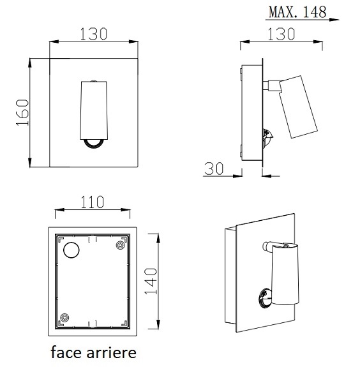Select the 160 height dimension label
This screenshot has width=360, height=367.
pos(21,112)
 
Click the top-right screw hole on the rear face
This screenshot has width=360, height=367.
pos(120,244)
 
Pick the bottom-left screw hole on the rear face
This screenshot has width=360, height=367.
pos(64,317)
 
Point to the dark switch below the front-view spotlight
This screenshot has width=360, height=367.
pos(94,145)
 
